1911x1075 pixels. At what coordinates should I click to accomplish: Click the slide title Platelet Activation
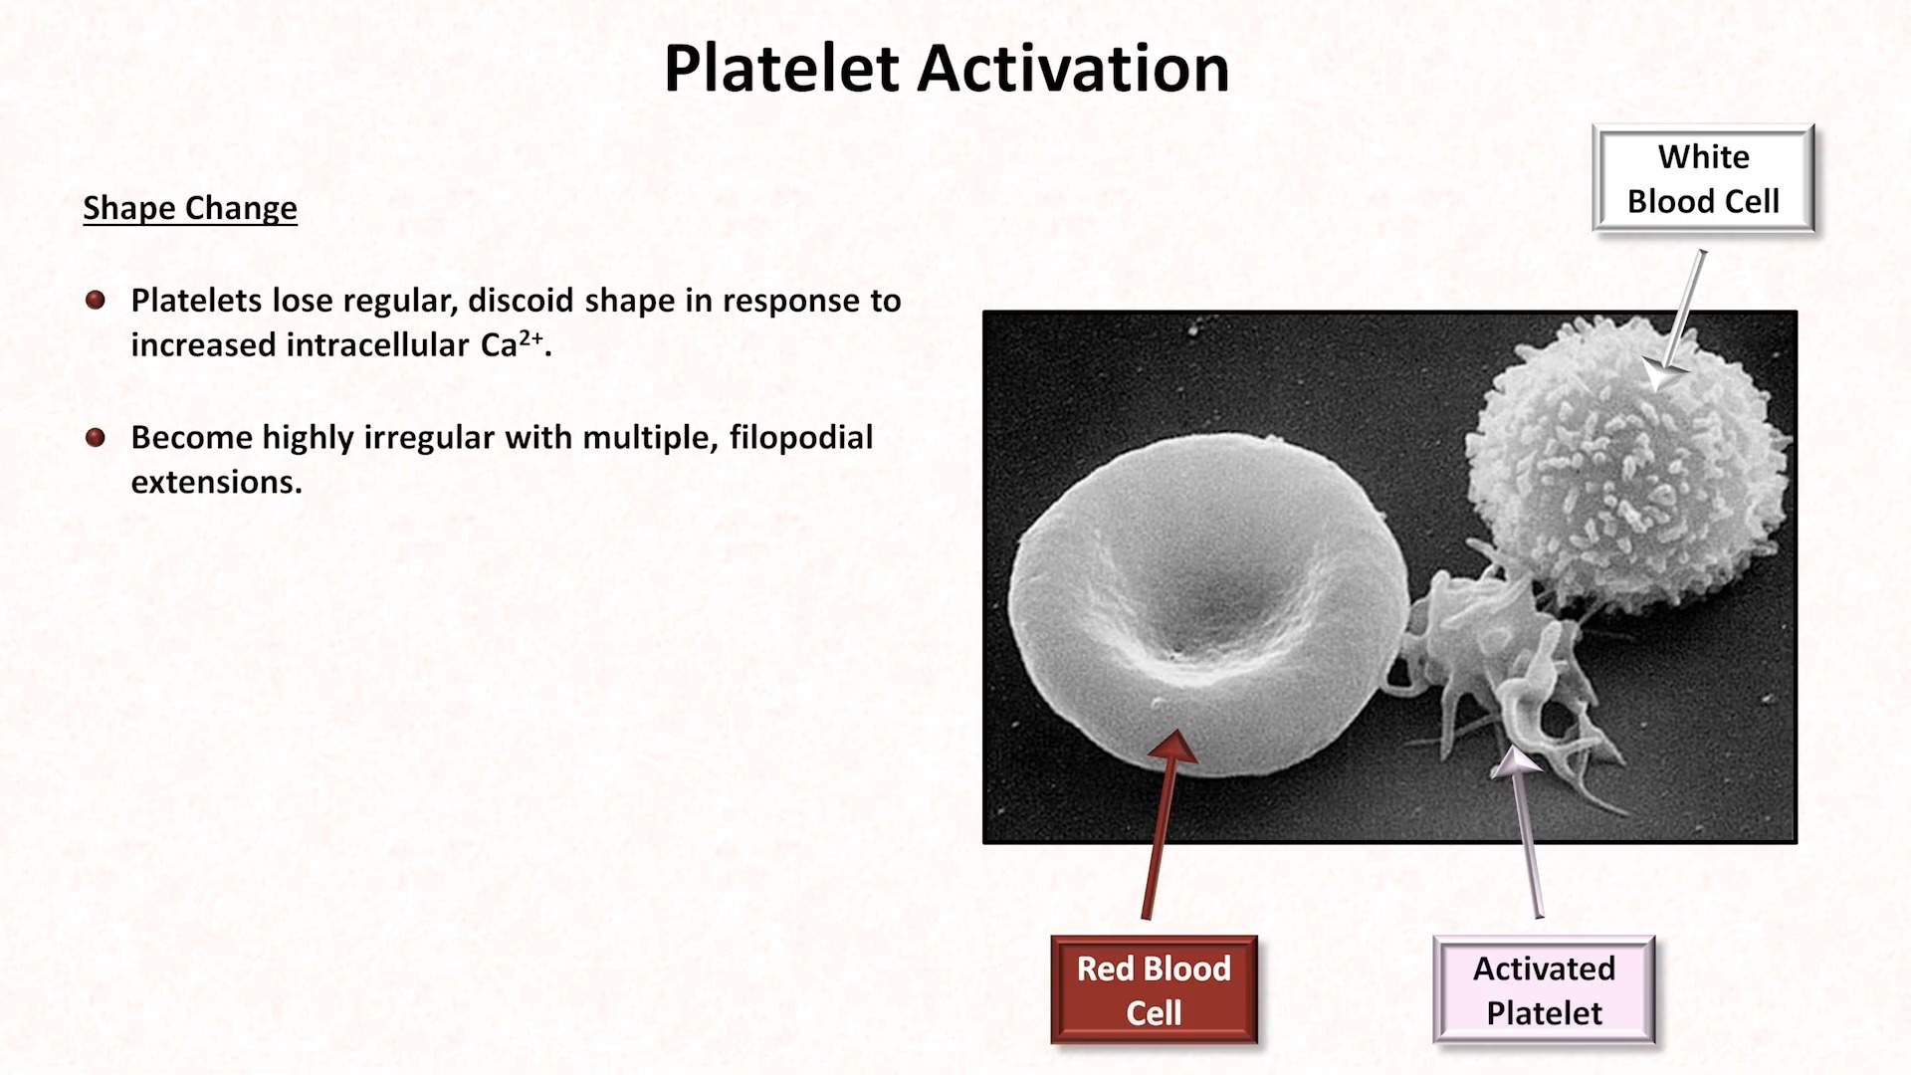[x=947, y=70]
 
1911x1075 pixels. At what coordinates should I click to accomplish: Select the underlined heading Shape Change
[x=190, y=208]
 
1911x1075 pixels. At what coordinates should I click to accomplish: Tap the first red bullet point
[x=96, y=301]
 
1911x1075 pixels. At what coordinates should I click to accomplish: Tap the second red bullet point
[x=96, y=437]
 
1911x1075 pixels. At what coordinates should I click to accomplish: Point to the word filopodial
[x=801, y=437]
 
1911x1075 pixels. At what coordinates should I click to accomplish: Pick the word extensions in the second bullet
[x=216, y=482]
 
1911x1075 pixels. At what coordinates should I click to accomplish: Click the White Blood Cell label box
[x=1703, y=179]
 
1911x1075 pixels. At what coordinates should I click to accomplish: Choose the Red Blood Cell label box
[x=1154, y=990]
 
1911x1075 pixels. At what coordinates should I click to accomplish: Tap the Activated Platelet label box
[x=1544, y=990]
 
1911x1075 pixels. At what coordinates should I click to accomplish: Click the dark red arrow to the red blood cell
[x=1161, y=824]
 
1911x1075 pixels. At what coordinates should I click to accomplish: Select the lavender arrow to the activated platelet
[x=1527, y=832]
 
